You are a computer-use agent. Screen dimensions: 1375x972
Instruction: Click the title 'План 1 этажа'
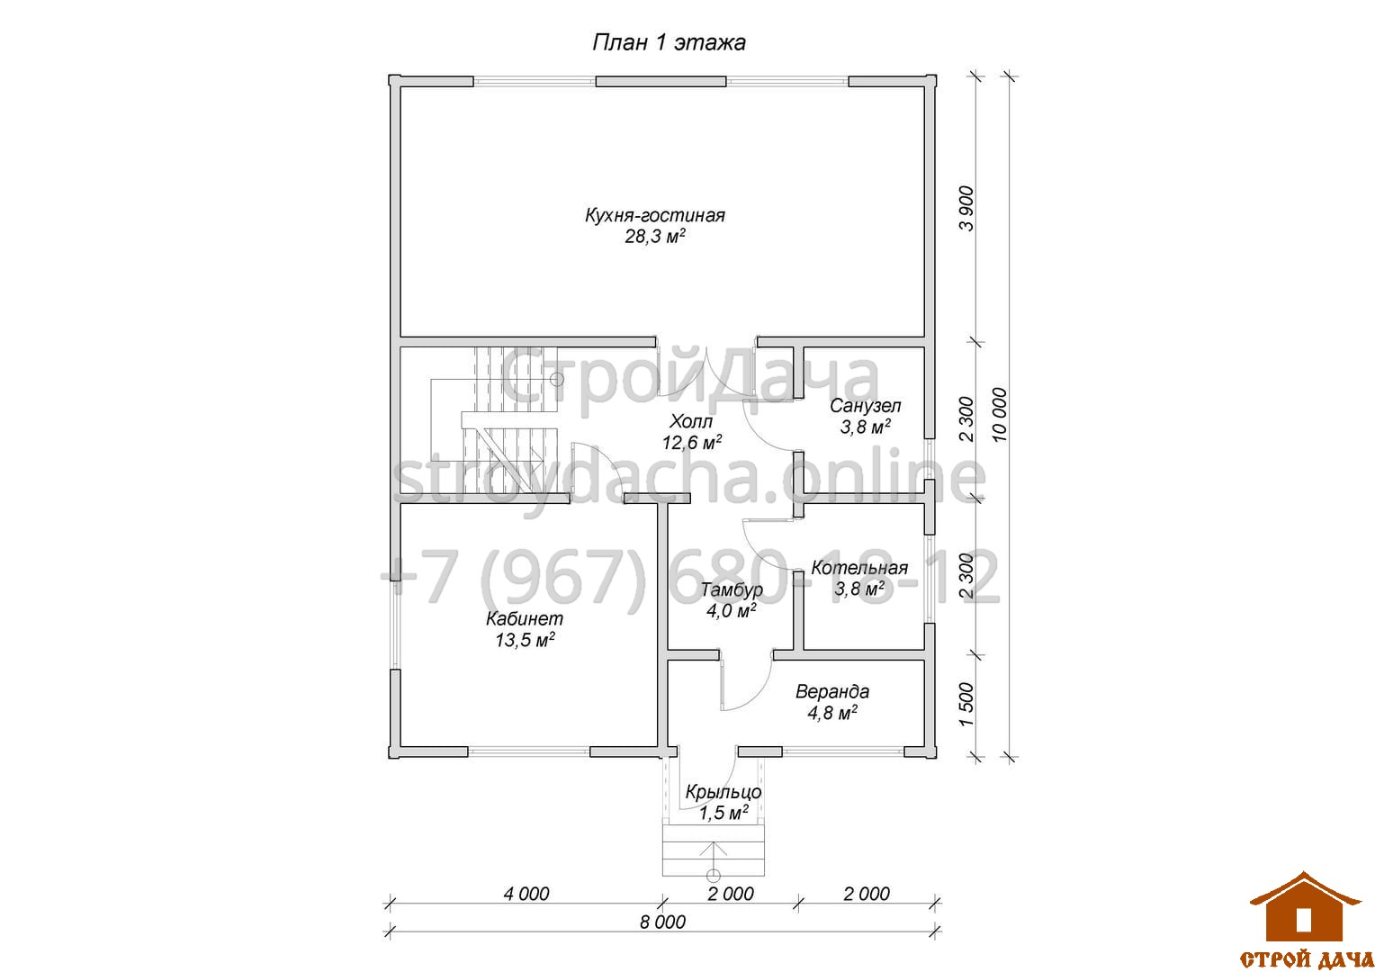coord(669,43)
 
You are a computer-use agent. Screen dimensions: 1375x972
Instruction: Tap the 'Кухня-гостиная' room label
coord(654,215)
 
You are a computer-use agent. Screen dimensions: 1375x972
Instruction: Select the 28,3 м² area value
coord(654,237)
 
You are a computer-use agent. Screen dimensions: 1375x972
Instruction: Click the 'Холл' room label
coord(690,421)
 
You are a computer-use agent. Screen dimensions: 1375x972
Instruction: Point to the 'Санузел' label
coord(865,406)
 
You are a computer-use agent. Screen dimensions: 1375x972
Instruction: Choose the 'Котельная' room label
coord(859,568)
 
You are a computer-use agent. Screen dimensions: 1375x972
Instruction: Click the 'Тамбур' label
coord(732,590)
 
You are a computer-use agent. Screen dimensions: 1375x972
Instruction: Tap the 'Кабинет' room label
coord(525,619)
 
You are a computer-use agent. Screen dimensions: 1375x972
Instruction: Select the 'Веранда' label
coord(831,692)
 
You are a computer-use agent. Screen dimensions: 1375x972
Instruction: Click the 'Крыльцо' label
coord(723,792)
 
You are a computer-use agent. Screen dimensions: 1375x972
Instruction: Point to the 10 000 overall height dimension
coord(999,415)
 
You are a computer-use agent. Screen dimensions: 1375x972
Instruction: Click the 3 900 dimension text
coord(966,208)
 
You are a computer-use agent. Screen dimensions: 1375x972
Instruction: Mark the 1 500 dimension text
coord(966,705)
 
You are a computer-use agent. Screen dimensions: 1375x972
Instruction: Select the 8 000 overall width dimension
coord(663,922)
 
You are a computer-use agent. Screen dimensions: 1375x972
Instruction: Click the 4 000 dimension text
coord(526,894)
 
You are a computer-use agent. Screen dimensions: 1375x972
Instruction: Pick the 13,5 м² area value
coord(525,641)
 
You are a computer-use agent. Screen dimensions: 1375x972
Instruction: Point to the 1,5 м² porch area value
coord(723,814)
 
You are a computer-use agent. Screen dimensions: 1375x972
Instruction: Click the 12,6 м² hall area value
coord(692,442)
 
